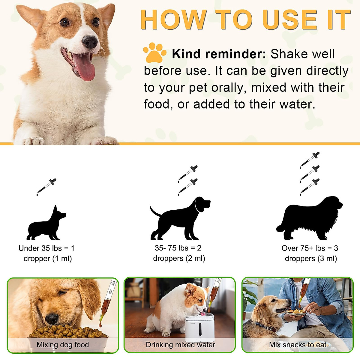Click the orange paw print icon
154,53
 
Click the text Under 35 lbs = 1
46,248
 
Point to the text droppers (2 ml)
179,258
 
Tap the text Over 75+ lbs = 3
310,248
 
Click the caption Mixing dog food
63,345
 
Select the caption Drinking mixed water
180,345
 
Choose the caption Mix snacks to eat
298,345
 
